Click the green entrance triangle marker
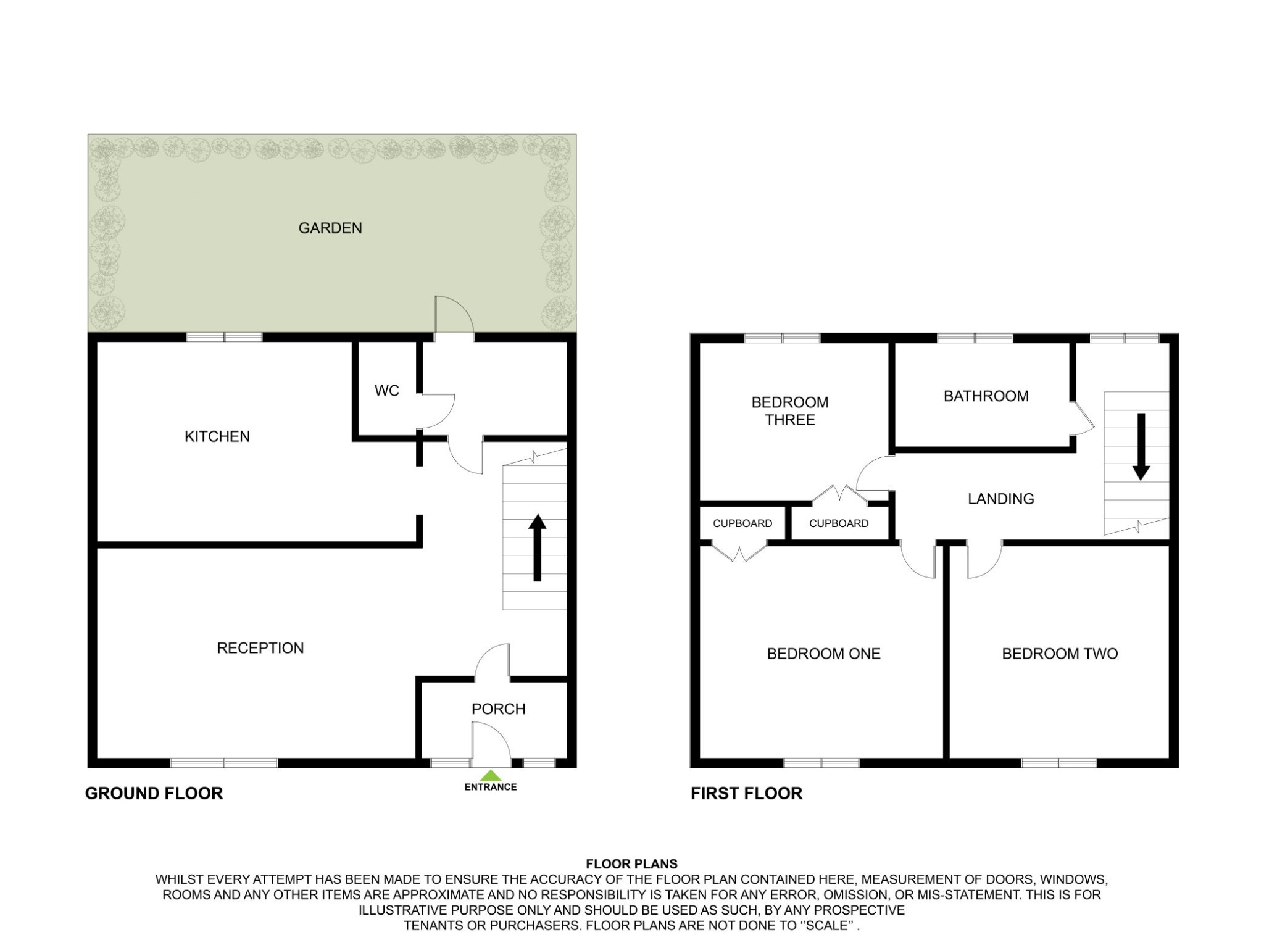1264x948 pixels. (491, 776)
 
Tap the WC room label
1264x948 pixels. (387, 391)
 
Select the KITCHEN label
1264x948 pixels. (217, 437)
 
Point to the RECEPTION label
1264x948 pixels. (260, 648)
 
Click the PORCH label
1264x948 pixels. (499, 709)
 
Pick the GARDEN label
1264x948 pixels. (330, 228)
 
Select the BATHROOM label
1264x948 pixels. (986, 396)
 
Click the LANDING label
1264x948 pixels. (1001, 499)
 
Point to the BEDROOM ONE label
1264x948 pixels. (823, 654)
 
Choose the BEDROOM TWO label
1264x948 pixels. (1060, 654)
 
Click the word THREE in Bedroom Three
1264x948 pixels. (790, 420)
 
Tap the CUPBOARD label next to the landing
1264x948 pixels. (839, 523)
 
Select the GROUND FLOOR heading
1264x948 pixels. (154, 794)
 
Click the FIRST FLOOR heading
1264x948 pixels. (746, 794)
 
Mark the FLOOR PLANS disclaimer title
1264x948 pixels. (631, 864)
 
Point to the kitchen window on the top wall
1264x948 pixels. (225, 337)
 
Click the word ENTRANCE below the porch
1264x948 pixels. (491, 787)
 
